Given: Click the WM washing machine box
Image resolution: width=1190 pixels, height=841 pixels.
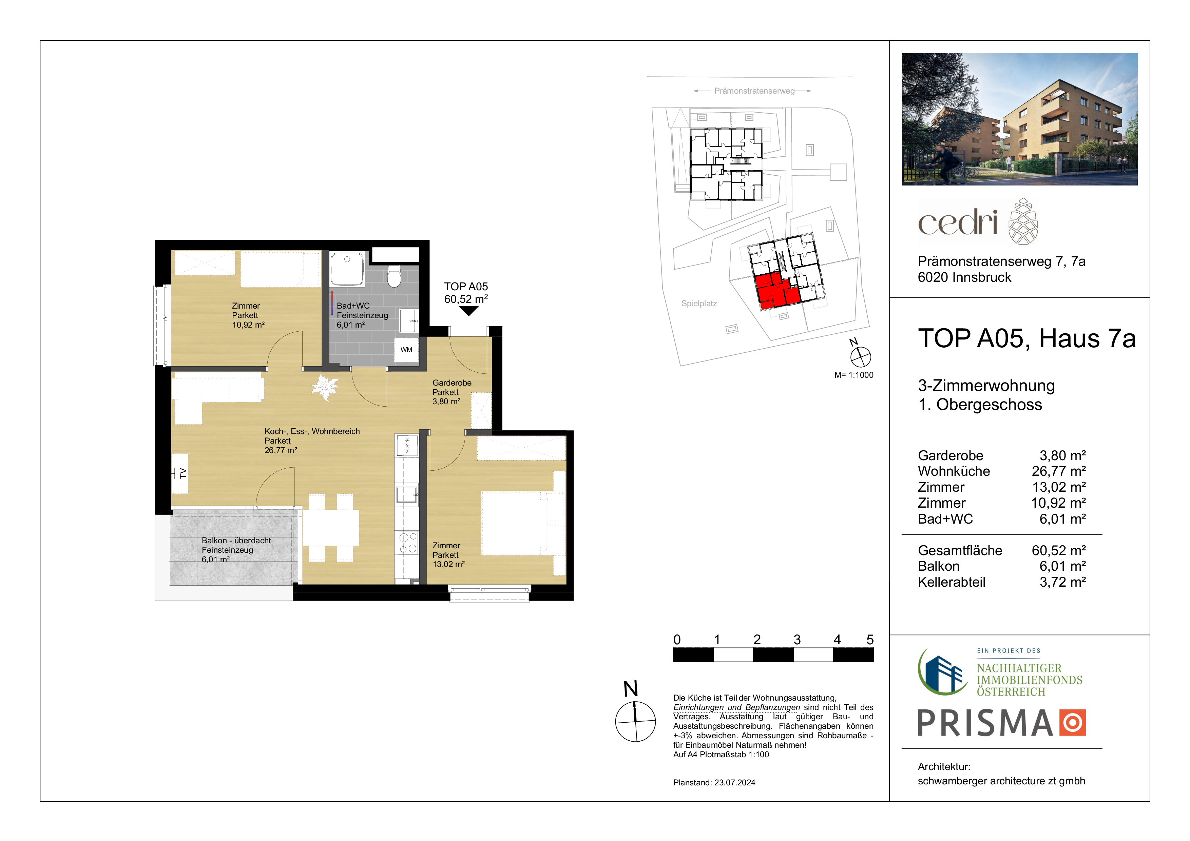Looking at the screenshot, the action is point(406,350).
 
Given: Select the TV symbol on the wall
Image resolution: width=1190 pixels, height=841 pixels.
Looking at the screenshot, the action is point(180,473).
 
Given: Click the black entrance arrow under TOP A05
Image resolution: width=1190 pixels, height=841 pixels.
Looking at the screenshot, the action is point(468,311).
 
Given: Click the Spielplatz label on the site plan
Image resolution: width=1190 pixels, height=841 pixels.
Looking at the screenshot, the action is point(699,304).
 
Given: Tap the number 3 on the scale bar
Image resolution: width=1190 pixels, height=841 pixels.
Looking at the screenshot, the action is point(797,640).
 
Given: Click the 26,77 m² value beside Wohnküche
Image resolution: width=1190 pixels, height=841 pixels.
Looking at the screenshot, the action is point(1059,471).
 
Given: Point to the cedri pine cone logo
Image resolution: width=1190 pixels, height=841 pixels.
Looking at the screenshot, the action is point(1023,221).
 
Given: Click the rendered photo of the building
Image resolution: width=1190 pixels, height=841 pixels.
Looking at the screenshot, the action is point(1019,119).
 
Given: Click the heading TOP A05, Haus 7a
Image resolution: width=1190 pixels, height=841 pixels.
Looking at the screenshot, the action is point(1027,339).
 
